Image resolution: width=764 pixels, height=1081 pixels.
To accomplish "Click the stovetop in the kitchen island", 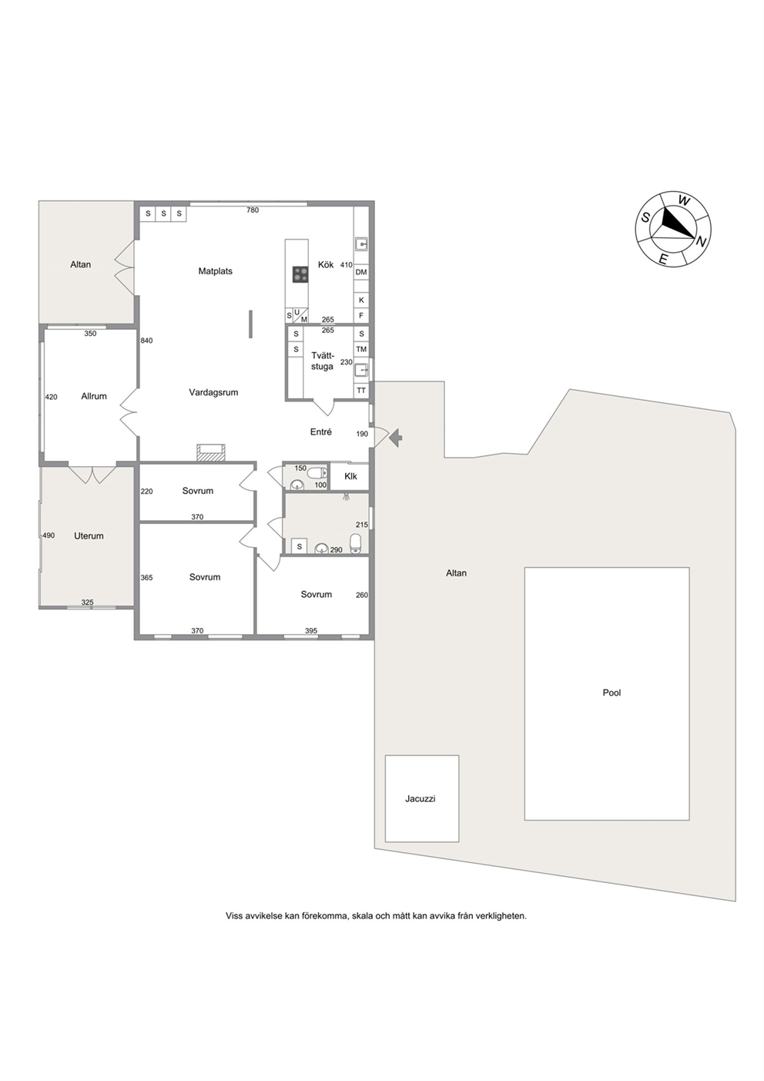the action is [x=300, y=274].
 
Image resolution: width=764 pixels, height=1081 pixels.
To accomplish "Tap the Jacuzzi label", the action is [x=420, y=799].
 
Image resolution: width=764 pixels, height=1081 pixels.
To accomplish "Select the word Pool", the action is [x=612, y=693].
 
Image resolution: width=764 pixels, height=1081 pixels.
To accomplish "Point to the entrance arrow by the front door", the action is [x=396, y=438].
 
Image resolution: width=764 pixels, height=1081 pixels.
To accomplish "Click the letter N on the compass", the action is [x=702, y=243].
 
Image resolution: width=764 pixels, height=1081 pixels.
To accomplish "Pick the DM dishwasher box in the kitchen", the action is [x=361, y=272].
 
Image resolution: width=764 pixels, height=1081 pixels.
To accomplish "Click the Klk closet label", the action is [x=350, y=476].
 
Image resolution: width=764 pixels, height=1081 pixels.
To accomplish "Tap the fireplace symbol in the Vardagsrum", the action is [x=210, y=452].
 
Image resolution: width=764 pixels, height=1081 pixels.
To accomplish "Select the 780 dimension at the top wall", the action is [x=253, y=210].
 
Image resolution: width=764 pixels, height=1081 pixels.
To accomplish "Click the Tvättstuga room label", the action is [x=322, y=361].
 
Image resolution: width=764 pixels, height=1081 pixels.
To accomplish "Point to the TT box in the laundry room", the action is [x=361, y=391].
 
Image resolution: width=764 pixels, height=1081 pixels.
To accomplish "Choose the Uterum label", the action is [x=89, y=535].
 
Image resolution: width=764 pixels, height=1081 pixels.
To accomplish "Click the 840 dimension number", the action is [x=146, y=341].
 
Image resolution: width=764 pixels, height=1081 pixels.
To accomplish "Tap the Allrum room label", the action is [x=93, y=396].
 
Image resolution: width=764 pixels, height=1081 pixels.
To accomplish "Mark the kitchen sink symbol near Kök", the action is [x=361, y=245].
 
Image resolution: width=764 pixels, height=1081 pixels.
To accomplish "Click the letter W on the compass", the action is [x=683, y=200].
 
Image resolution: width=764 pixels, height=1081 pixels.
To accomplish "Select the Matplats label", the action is [x=215, y=271].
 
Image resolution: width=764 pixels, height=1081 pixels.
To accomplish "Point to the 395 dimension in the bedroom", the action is [x=311, y=631].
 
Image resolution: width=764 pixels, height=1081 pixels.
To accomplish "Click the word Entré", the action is [x=320, y=432].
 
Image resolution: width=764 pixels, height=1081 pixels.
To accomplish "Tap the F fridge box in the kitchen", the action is [x=361, y=316].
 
